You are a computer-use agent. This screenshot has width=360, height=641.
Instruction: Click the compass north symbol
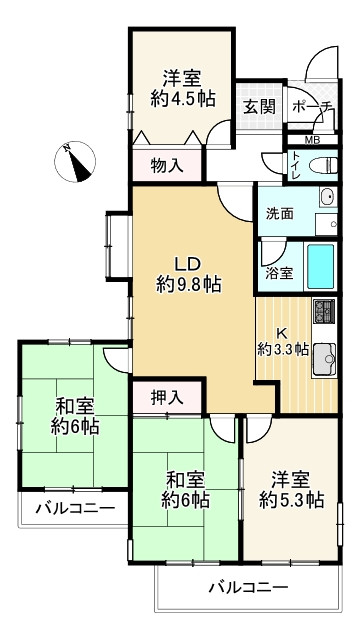coord(75,161)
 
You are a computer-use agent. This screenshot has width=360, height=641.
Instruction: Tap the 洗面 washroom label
coord(279,212)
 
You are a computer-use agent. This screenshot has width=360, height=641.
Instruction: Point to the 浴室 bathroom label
coord(279,273)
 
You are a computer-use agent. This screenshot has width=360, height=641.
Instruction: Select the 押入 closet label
coord(167,397)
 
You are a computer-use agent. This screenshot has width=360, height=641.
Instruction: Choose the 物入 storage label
coord(166,165)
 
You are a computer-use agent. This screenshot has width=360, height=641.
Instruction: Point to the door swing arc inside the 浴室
coord(270,250)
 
